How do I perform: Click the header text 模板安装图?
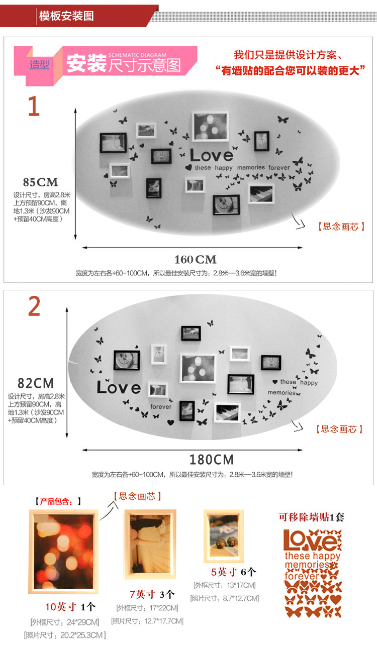[x=66, y=16]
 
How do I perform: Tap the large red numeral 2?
[x=34, y=307]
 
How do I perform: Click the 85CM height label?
[x=41, y=182]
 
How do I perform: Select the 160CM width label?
[x=196, y=260]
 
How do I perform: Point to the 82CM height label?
[x=36, y=383]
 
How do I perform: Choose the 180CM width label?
[x=212, y=460]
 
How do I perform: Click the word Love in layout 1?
[x=212, y=155]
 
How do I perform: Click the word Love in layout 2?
[x=119, y=388]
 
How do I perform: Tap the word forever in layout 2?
[x=161, y=407]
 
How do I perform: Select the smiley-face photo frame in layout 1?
[x=226, y=204]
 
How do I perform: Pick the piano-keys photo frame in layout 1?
[x=261, y=193]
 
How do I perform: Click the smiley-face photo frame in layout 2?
[x=126, y=360]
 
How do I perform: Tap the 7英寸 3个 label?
[x=152, y=595]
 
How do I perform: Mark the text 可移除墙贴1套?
[x=312, y=517]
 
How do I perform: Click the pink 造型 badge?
[x=39, y=65]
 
